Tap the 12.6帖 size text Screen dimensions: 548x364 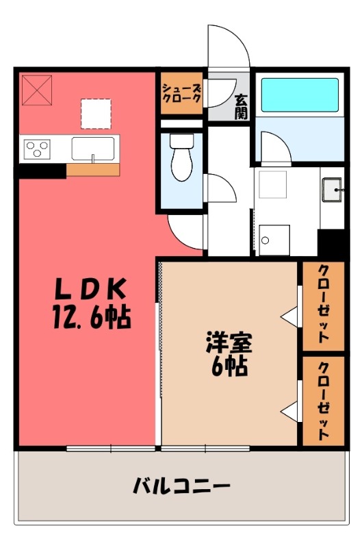coord(91,317)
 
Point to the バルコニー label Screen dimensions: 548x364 coord(181,488)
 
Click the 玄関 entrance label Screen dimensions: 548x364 coord(240,106)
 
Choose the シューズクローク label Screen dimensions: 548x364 coord(181,92)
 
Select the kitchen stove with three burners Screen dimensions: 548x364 coord(38,148)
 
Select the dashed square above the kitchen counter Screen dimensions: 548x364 coord(95,113)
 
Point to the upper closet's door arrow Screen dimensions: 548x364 coord(289,316)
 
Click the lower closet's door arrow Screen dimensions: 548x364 coord(289,411)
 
